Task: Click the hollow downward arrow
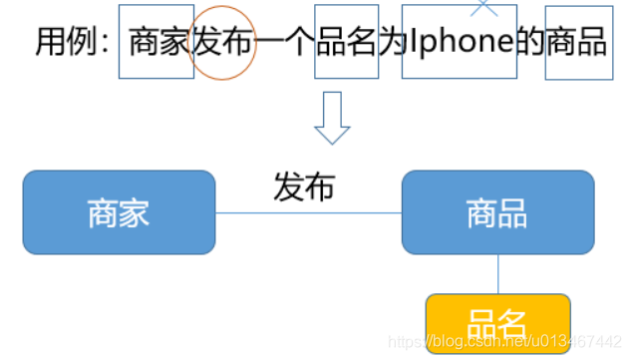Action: [332, 119]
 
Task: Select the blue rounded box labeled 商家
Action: [119, 212]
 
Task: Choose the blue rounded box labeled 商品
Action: [497, 212]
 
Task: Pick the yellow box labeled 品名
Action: [497, 321]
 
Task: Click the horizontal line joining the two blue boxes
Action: [308, 212]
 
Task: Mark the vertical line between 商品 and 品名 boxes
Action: [497, 274]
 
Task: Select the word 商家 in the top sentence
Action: [159, 42]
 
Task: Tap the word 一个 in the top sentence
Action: [284, 42]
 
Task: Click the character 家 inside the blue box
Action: [135, 213]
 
